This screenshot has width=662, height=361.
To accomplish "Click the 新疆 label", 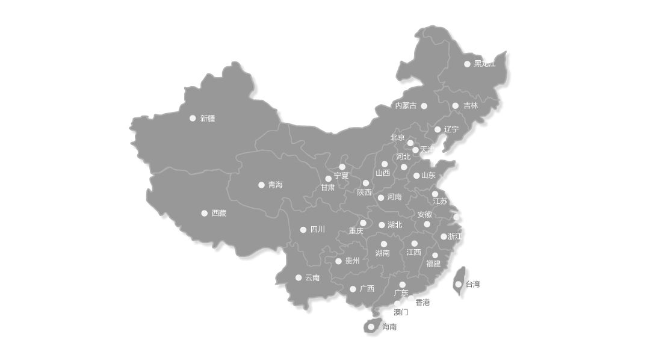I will tap(208, 119).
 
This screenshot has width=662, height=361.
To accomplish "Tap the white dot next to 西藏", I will tap(205, 213).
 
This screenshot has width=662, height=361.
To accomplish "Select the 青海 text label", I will tap(275, 185).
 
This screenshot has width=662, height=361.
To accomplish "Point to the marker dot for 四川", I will tap(303, 229).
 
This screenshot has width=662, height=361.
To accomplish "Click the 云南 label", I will tap(312, 277).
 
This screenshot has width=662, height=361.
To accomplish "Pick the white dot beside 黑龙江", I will tap(467, 64).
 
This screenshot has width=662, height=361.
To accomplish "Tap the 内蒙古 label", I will tap(406, 105).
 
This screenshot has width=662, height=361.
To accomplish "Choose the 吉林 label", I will tap(471, 105).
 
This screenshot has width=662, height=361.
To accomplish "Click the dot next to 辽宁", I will tap(438, 129).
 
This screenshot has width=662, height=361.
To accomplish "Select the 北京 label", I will tap(398, 137).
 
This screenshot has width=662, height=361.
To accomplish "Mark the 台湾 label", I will tap(473, 284).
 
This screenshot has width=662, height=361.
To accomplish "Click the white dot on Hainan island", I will tap(371, 327).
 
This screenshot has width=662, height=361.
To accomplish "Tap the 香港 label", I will tap(423, 302).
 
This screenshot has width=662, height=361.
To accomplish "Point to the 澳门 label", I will tap(401, 312).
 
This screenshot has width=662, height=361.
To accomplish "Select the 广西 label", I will tap(367, 288).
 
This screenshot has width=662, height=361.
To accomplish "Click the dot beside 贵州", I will tap(338, 261).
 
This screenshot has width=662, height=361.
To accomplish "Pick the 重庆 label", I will tap(356, 231).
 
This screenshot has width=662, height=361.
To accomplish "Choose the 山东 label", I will tap(428, 175).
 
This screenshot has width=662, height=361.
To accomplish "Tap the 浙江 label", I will tap(455, 236).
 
